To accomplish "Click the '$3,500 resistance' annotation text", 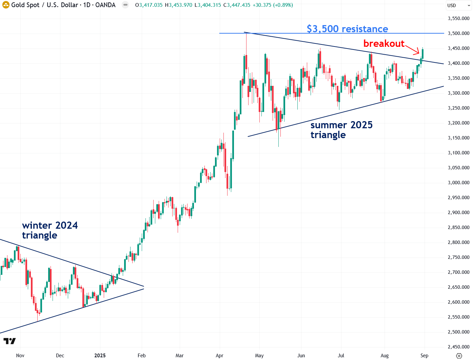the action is coord(347,29).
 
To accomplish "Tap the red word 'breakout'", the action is coord(384,43).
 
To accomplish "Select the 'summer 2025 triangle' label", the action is coord(341,130).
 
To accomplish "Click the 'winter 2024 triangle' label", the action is coord(50,230).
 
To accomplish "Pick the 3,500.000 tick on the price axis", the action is coord(458,33).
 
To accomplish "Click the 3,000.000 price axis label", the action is coord(458,183).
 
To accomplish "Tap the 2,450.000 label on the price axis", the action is coord(458,347).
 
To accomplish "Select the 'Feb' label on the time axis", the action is coord(142,356).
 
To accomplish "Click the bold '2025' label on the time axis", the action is coord(100,356).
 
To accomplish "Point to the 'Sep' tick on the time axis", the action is coord(424,356).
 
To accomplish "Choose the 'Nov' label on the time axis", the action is coord(20,356).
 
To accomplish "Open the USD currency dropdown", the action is coord(458,5).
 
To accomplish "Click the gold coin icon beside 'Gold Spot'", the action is coord(6,5).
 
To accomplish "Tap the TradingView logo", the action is coord(9,341).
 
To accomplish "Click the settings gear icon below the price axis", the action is coord(459,356).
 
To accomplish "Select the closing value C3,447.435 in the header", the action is coord(237,5).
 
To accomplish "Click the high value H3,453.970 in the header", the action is coord(178,5).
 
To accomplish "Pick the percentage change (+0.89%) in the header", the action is coord(283,5).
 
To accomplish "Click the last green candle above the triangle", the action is coord(422,54).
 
